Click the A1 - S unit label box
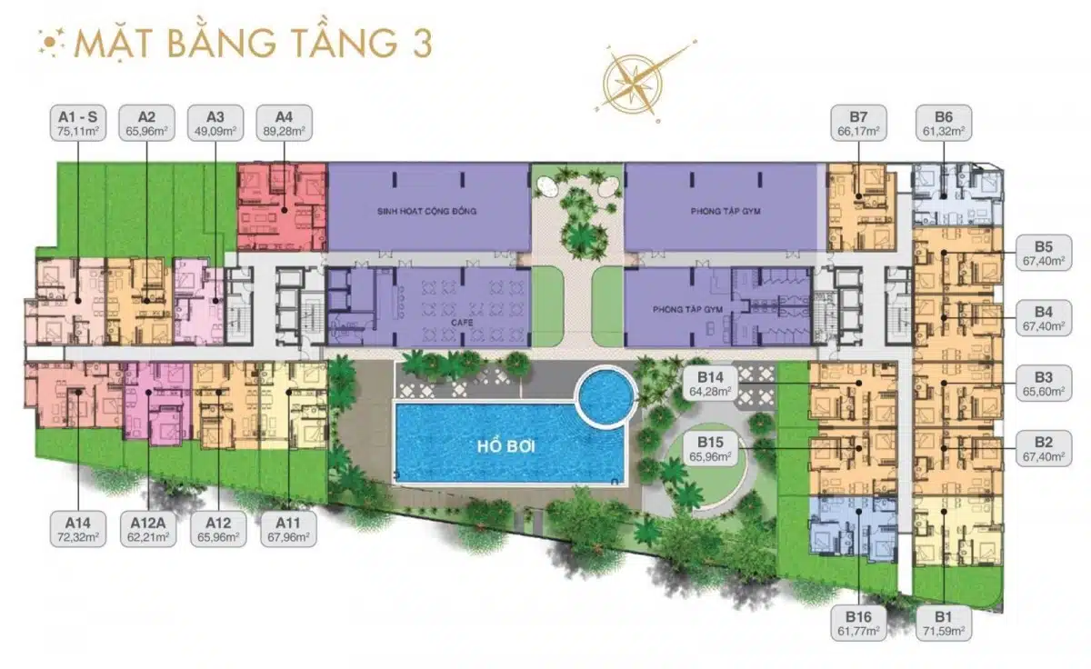[78, 123]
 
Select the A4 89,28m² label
[284, 123]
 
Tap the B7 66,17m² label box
[858, 123]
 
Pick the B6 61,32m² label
[944, 123]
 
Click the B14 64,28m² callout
[710, 384]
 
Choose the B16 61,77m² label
[858, 623]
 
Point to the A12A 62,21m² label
[148, 529]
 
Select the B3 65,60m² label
[1044, 384]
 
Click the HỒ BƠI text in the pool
[506, 446]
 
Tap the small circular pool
[606, 395]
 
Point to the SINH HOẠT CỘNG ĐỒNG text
[426, 211]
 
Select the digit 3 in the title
[422, 44]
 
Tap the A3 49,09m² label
[215, 123]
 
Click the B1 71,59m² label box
[944, 623]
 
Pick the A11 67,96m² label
[288, 529]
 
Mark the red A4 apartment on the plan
[282, 207]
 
